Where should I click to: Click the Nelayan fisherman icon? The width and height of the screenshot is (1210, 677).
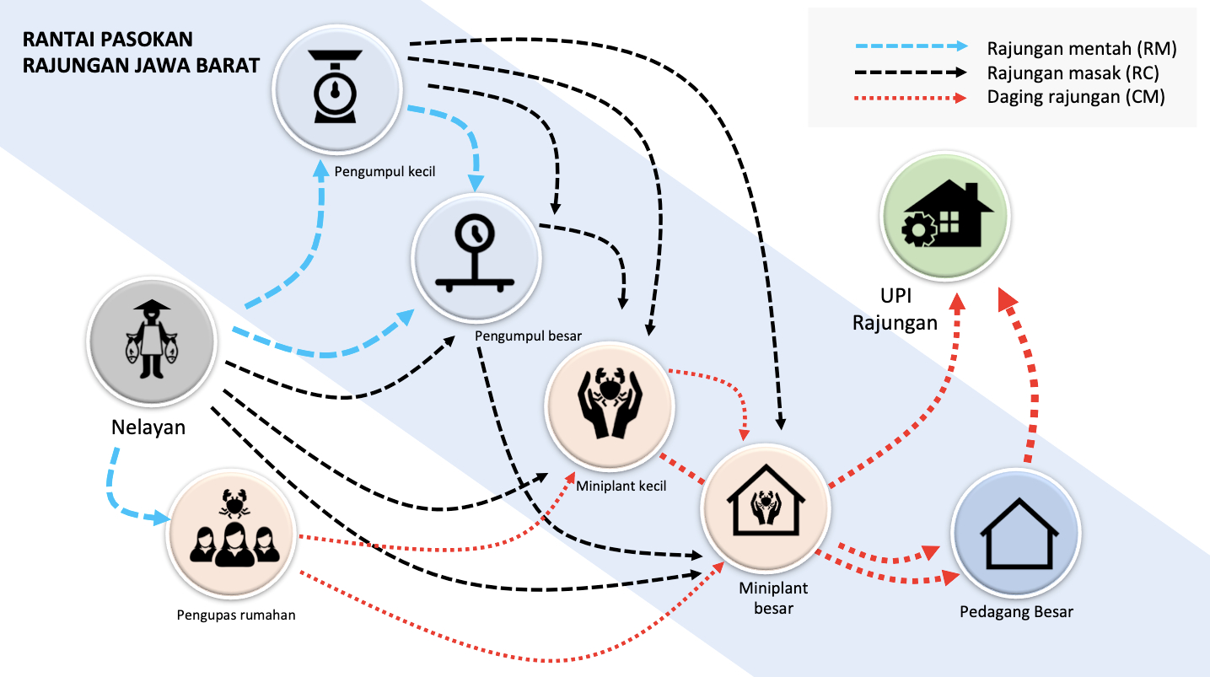pos(152,341)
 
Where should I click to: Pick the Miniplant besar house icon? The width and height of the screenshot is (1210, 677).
pos(765,508)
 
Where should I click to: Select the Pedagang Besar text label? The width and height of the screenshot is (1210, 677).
pos(1016,612)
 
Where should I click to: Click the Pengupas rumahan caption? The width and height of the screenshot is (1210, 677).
pos(236,614)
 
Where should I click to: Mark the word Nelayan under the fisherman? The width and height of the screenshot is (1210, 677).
pos(148,427)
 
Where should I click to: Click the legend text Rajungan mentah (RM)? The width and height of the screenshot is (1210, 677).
pos(1080,49)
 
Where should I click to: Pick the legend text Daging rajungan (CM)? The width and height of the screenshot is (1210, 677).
pos(1075,97)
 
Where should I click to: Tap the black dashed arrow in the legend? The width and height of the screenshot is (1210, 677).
pos(902,73)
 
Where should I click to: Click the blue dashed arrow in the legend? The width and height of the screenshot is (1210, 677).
pos(902,49)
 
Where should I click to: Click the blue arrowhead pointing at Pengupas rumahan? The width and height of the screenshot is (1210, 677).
pos(159,518)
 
